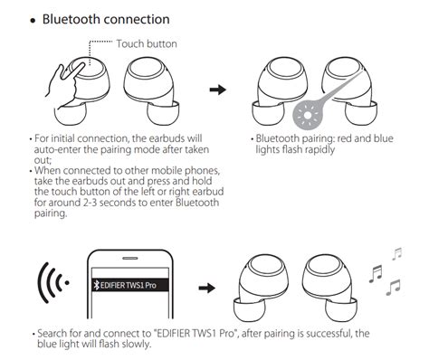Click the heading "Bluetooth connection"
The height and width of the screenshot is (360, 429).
coord(106,19)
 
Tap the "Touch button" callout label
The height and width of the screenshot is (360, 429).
coord(147,44)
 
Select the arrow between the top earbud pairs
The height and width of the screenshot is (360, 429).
coord(218,90)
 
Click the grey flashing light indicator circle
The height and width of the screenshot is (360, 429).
coord(308,115)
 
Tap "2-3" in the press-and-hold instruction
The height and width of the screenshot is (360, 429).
coord(90,203)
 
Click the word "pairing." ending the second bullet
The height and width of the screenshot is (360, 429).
coord(51,213)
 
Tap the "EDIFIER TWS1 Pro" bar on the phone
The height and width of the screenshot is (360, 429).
coord(130,285)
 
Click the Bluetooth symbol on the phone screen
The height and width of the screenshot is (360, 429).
coord(97,285)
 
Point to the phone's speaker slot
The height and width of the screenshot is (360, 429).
coord(130,259)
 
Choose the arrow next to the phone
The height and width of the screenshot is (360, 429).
coord(207,288)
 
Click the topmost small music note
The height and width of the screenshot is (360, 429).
coord(397,253)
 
